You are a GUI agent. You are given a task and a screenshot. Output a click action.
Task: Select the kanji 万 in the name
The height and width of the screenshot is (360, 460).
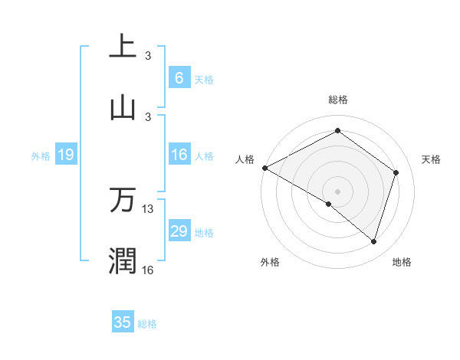pos(123,201)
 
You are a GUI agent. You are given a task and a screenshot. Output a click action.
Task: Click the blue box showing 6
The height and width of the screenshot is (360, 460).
pos(179,77)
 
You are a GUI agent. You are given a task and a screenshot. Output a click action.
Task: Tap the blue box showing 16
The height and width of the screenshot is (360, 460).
pos(179,155)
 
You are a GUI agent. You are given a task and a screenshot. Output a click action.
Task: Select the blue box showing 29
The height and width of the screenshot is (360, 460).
pos(179,231)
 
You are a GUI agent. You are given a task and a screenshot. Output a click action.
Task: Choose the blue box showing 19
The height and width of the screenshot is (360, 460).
pos(66,155)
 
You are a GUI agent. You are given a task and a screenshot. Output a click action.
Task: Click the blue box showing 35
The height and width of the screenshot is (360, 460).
pos(123,322)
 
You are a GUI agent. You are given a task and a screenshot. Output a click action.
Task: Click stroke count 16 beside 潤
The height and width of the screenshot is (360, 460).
pos(148,269)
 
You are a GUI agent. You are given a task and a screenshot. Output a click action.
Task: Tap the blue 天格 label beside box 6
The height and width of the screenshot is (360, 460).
pos(204,79)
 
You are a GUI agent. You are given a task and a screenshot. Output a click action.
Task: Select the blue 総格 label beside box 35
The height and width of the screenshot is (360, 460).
pos(147,324)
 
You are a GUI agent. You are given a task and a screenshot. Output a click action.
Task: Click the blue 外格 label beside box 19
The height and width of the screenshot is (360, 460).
pos(41,156)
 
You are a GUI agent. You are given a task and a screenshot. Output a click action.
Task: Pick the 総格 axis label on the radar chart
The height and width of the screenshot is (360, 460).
pos(337,100)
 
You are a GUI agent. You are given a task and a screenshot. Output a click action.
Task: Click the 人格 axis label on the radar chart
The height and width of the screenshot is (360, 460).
pos(245,159)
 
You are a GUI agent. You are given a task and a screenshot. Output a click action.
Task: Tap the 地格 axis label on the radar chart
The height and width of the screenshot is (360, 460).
pos(402,262)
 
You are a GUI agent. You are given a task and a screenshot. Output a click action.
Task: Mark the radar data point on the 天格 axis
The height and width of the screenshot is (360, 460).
pos(396,172)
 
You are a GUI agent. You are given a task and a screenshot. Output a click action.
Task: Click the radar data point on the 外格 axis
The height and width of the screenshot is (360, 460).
pos(329,204)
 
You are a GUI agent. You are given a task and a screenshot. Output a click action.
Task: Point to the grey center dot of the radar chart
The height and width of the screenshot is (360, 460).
pos(337,191)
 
